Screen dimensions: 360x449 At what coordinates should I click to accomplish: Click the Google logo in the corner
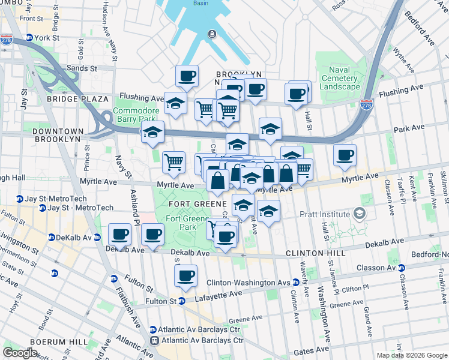[x=20, y=353]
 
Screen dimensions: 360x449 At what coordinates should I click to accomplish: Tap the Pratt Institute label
[x=325, y=214]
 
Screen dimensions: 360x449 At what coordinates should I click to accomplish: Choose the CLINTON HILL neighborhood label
[x=315, y=253]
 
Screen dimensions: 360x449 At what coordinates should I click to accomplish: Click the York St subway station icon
[x=28, y=37]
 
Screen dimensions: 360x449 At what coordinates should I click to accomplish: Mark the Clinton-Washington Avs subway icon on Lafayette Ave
[x=297, y=283]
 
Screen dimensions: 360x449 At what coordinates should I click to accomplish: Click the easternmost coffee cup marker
[x=345, y=155]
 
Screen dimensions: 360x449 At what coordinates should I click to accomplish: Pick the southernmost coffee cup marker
[x=186, y=276]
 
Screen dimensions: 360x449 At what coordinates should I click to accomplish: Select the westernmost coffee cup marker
[x=120, y=234]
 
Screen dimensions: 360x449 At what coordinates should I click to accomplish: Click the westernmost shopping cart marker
[x=173, y=161]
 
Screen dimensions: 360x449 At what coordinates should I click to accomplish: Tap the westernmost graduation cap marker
[x=152, y=132]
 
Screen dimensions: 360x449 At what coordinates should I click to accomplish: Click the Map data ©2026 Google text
[x=411, y=355]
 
